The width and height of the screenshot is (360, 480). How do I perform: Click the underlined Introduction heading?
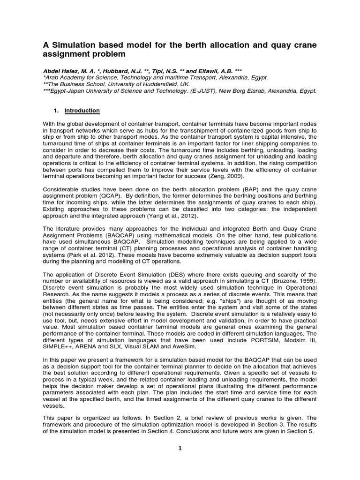(82, 111)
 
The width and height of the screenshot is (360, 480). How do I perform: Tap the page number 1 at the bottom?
(180, 448)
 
